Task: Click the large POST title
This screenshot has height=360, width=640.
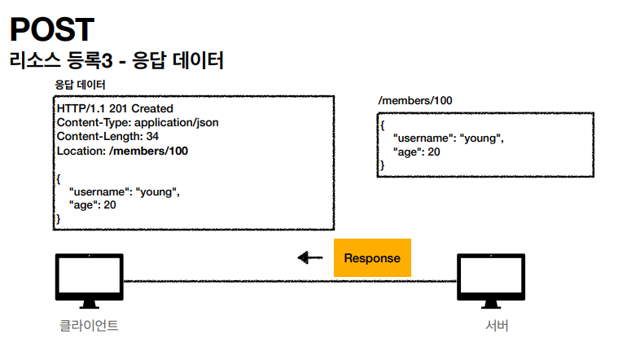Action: coord(52,29)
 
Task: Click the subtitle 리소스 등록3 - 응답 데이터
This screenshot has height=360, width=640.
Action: coord(117,61)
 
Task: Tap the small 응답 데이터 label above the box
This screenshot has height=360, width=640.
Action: coord(80,85)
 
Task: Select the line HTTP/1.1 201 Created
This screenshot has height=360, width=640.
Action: coord(115,108)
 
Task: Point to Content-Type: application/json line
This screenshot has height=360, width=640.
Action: coord(138,123)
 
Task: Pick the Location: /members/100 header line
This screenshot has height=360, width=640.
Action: coord(122,151)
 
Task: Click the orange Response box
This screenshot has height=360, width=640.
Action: coord(372,258)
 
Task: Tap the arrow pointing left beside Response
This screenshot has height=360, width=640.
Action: coord(309,258)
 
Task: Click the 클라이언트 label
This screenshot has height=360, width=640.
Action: coord(89,326)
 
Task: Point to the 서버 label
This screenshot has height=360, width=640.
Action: coord(497,326)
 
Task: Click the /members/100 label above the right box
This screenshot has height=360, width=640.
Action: coord(415,100)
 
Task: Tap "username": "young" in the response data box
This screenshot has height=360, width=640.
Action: coord(124,192)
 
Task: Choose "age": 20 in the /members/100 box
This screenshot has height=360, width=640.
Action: coord(416,151)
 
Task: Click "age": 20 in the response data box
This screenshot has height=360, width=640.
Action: coord(93,205)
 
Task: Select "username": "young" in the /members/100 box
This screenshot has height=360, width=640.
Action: coord(448,138)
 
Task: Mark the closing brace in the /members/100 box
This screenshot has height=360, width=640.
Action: coord(382,165)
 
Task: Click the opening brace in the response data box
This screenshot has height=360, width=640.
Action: coord(59,178)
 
